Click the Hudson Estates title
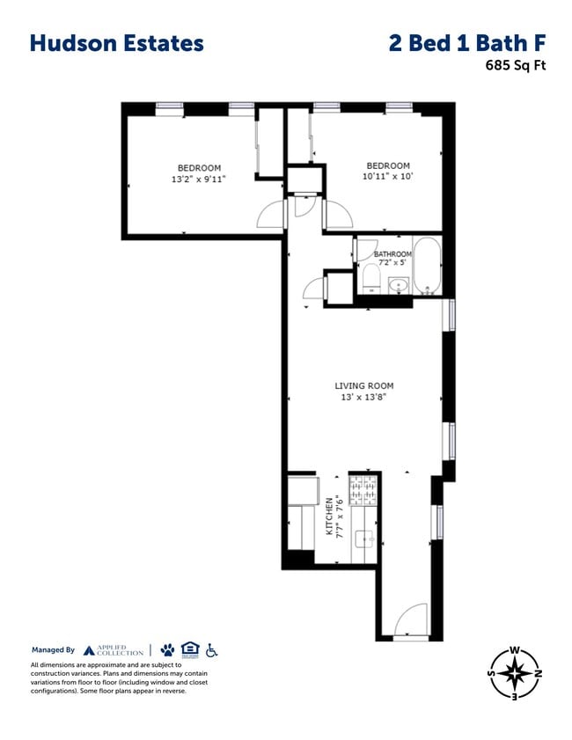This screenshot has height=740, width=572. tap(116, 43)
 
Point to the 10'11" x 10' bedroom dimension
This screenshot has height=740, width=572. tap(388, 177)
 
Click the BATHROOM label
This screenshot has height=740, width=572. tap(392, 254)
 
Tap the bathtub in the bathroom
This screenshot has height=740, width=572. tap(429, 267)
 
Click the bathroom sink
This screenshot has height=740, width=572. tap(399, 285)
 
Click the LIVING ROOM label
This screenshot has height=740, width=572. tap(363, 385)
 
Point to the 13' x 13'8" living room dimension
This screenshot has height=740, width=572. tap(363, 398)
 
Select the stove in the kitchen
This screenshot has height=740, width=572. tap(363, 490)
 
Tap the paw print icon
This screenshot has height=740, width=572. tap(167, 650)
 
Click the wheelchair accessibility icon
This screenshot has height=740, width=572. tap(211, 650)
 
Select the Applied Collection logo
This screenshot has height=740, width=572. tap(114, 650)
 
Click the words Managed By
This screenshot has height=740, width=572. tap(54, 650)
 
